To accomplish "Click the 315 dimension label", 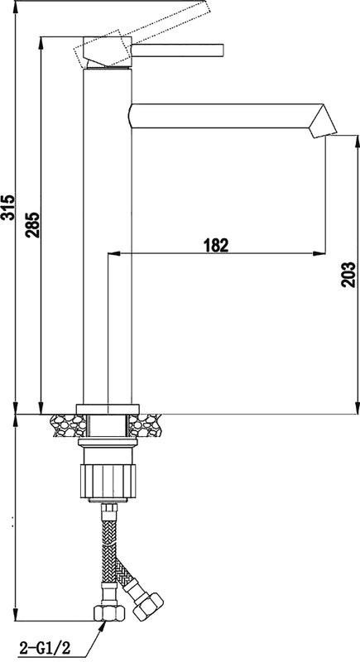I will coord(8,207).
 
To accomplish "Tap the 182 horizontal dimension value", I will coord(214,244).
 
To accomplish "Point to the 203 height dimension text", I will coord(349,273).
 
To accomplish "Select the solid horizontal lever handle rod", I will coord(178,49).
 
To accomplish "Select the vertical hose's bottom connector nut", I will coord(108,613).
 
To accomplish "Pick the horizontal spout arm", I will coord(223,117).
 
